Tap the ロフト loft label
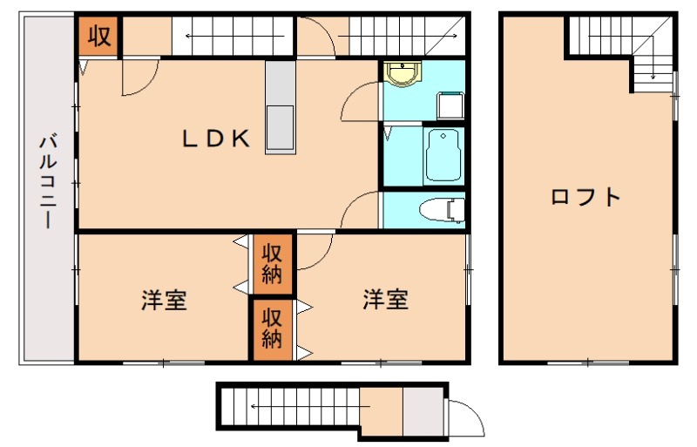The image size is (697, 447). point(585,197)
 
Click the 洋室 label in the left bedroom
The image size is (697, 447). point(164,301)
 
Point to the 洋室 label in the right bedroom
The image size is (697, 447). point(385,300)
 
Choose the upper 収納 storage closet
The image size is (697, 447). point(273,264)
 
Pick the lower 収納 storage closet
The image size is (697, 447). point(273,328)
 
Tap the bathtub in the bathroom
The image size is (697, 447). point(444,154)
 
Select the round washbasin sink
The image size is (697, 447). point(403,75)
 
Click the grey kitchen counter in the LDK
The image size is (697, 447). point(281,108)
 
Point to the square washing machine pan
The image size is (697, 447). point(450,105)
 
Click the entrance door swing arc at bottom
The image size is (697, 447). point(467,417)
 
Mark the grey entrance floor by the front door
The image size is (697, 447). point(423,410)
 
